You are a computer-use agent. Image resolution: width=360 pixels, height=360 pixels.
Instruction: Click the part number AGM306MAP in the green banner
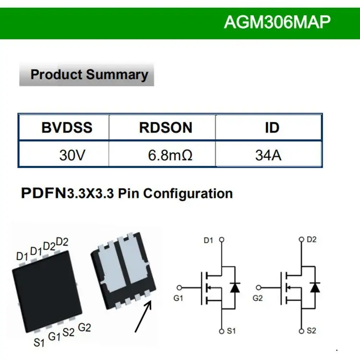tap(277, 22)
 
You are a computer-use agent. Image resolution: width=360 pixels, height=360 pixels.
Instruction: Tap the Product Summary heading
tap(89, 75)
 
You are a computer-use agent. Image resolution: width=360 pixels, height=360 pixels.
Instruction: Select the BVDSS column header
tap(67, 128)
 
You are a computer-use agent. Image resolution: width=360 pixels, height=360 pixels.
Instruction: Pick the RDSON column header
tap(166, 128)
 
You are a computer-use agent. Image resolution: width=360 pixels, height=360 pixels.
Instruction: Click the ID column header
tap(272, 128)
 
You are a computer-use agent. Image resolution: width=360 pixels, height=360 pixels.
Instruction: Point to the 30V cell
tap(72, 156)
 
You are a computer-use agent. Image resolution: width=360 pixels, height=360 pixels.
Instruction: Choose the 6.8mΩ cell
tap(170, 156)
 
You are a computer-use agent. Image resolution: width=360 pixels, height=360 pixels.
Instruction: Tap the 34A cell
tap(268, 156)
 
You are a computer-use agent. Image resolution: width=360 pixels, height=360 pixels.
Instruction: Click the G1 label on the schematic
tap(179, 298)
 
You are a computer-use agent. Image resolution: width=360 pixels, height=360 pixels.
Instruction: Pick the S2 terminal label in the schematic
tap(311, 331)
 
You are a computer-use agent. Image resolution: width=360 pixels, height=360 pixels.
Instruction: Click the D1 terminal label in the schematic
tap(208, 240)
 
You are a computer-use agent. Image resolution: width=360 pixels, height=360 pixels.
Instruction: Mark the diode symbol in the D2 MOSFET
tap(315, 288)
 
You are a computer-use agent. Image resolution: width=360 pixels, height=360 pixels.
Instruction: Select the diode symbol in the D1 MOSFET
tap(235, 288)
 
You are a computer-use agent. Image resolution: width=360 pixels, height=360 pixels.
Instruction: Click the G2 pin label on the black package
tap(84, 328)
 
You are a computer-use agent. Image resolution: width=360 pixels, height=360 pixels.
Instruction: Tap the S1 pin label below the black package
tap(39, 343)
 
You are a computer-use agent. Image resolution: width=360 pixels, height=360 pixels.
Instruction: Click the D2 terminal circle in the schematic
tap(301, 239)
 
